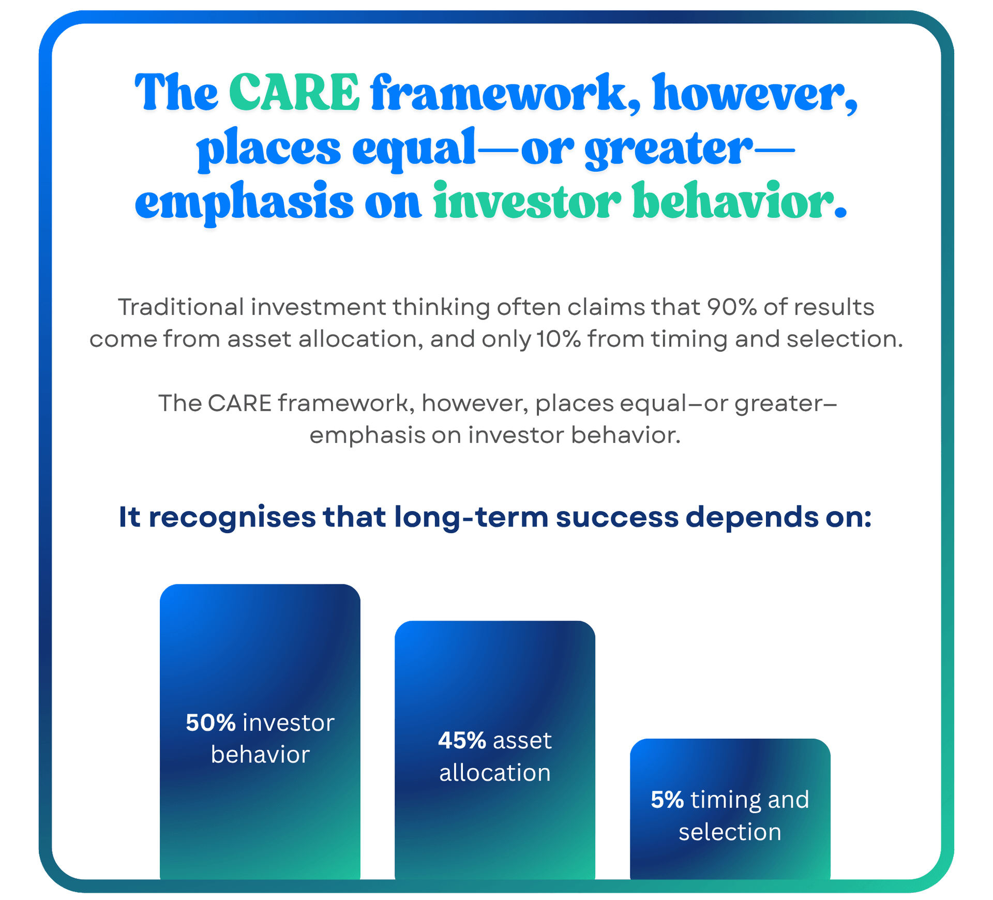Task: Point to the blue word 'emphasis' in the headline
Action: point(244,203)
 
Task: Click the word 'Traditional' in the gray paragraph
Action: point(181,307)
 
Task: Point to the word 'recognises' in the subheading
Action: point(232,518)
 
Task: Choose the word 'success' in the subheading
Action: point(617,518)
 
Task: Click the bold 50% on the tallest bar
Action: point(210,723)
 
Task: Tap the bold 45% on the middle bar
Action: point(462,740)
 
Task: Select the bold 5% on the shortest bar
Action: point(667,800)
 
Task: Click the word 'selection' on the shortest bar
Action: point(730,832)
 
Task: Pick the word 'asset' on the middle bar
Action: point(522,741)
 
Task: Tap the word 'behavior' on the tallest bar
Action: point(260,754)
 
